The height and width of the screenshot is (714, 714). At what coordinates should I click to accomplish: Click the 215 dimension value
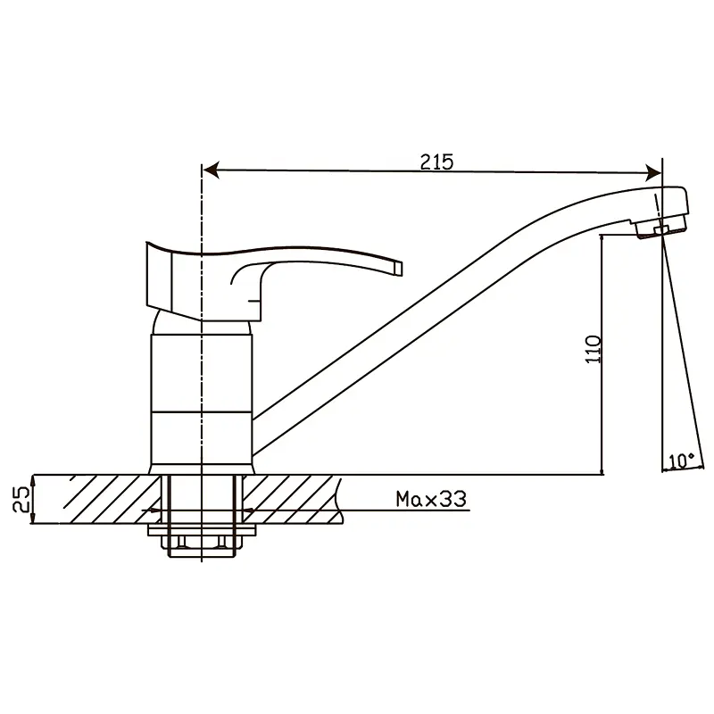point(436,162)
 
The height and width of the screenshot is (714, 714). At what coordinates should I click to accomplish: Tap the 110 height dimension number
point(594,349)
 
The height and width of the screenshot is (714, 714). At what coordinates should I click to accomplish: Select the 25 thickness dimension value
point(21,499)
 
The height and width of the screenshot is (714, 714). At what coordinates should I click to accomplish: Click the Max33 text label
point(431,499)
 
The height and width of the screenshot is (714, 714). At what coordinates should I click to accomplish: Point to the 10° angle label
point(682,461)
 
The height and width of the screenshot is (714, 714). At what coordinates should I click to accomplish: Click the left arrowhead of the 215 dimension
point(212,170)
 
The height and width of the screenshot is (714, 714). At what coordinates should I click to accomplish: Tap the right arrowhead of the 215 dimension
point(653,172)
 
